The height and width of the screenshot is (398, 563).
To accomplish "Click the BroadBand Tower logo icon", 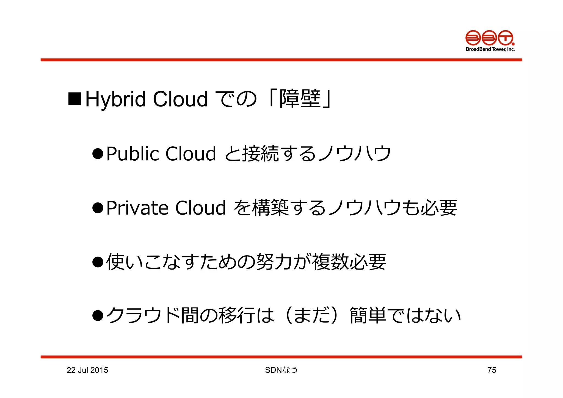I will point(490,38).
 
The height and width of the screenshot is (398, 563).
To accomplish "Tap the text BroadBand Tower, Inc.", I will point(490,49).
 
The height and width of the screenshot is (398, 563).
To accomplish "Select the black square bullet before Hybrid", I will point(74,99).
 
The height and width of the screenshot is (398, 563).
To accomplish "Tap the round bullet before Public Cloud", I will point(98,153).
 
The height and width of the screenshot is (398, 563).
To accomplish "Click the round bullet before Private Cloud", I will point(98,208).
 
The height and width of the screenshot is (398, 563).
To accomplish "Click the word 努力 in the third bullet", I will point(274,262).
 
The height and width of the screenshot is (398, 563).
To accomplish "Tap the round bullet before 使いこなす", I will point(98,262).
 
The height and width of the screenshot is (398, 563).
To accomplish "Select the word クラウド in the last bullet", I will point(143,315).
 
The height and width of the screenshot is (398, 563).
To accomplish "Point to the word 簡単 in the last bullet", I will point(368,315).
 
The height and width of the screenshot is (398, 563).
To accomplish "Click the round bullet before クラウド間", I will point(98,316).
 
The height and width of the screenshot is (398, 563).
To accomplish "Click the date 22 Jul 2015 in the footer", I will point(87,370).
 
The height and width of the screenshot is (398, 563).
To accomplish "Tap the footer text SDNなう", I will point(281,370).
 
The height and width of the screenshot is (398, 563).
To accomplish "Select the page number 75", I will point(492,370).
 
